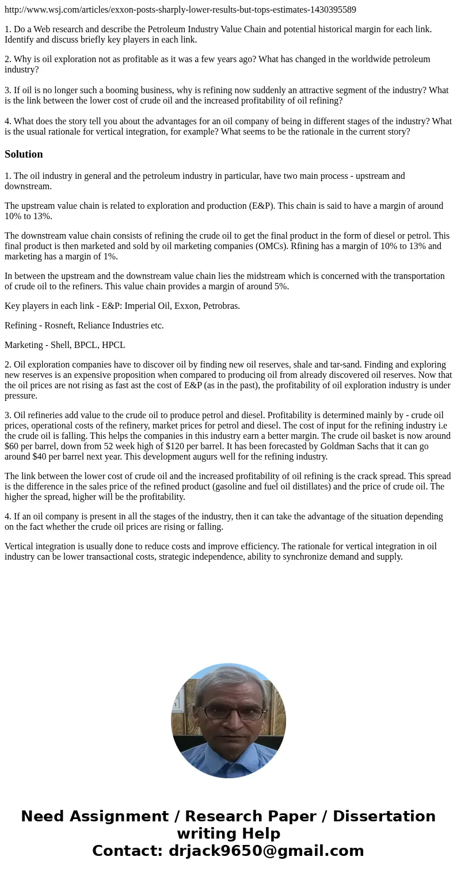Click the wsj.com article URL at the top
180,9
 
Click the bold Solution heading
24,154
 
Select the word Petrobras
220,306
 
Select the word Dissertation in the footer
384,816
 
